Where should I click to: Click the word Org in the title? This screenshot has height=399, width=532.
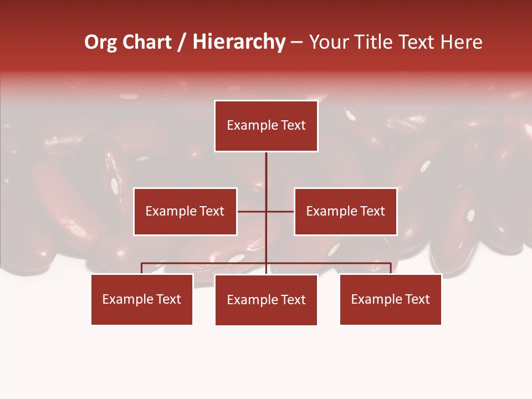100,42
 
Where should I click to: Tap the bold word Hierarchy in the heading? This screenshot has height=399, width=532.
239,42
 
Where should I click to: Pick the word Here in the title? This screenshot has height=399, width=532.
461,42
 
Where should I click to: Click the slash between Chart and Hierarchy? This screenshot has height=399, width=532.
182,42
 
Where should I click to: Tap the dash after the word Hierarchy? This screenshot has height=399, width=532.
296,43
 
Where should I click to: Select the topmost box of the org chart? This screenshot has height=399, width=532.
266,126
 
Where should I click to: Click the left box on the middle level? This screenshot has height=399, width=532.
185,211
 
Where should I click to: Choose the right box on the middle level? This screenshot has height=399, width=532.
345,211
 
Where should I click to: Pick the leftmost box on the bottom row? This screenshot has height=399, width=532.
142,299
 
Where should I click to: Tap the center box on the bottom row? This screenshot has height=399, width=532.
266,300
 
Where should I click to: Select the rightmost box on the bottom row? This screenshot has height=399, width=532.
391,299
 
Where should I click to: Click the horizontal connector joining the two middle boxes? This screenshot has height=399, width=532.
252,211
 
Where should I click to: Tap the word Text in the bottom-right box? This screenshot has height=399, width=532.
417,299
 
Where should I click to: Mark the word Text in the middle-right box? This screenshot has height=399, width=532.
372,211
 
